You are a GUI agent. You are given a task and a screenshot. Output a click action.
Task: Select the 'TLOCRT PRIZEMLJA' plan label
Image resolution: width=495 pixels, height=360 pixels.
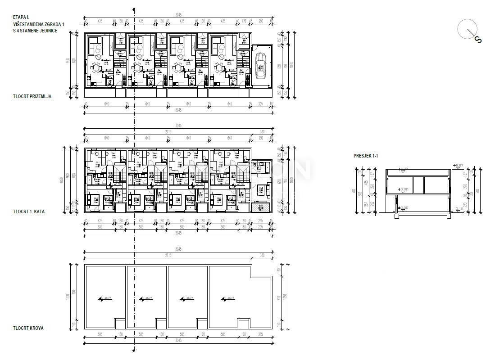tap(32, 96)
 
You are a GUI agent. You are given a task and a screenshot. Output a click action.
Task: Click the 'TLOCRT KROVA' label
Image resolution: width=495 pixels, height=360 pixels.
tap(28, 328)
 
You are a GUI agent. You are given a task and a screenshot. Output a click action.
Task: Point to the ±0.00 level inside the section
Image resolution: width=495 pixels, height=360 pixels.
tap(404, 208)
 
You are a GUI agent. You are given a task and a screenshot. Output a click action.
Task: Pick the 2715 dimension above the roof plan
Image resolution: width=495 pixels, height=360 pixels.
tap(168, 255)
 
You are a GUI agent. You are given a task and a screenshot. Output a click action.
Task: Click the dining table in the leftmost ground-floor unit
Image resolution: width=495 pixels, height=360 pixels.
tap(96, 67)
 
